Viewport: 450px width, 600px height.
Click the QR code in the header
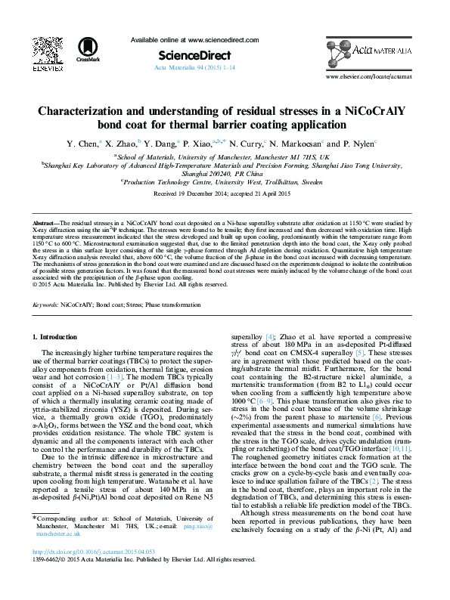tap(47, 50)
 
